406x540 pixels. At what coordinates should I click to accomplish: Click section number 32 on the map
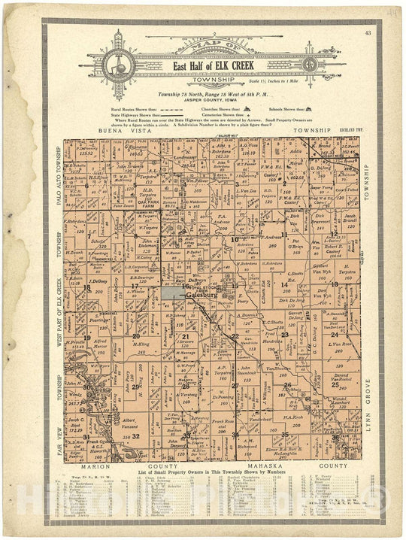[136, 435]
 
